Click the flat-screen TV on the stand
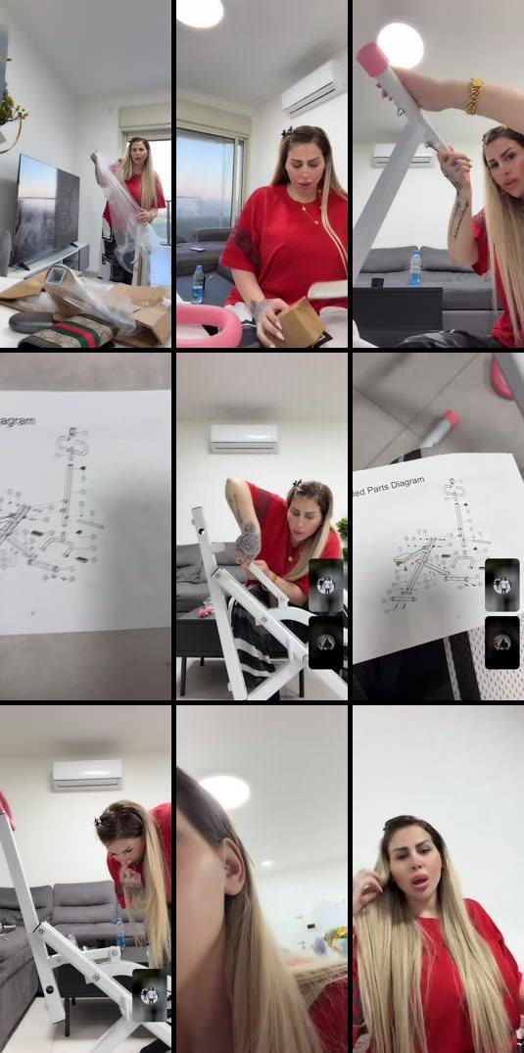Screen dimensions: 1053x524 (x=45, y=211)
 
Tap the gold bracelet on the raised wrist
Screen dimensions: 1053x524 (x=474, y=96)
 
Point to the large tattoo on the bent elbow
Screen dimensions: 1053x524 (x=249, y=542)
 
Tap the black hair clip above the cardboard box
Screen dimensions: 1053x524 (x=288, y=132)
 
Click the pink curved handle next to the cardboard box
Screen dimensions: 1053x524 (x=209, y=325)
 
